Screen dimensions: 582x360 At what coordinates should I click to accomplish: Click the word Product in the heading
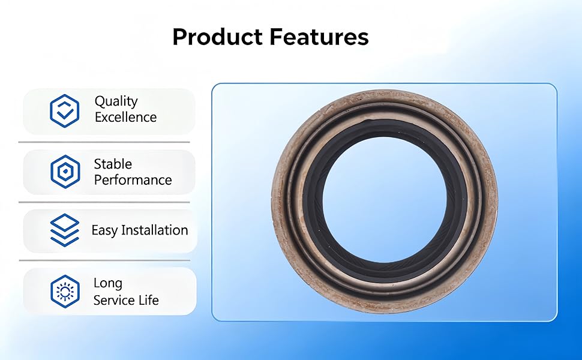218,37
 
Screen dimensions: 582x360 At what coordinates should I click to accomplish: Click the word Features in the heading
319,37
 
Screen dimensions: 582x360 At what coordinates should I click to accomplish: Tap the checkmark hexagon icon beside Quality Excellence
65,111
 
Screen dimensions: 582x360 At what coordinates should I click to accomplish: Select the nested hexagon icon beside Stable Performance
65,172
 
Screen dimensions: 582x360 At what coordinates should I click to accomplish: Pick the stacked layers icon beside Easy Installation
65,230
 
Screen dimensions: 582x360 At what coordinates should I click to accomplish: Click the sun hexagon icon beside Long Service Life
65,292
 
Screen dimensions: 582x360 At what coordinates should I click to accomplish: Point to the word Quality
116,101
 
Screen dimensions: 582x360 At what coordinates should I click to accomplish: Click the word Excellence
126,117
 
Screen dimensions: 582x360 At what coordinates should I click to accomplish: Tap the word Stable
113,164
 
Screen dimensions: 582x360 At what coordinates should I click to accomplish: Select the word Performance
133,180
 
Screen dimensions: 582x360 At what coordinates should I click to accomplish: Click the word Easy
104,230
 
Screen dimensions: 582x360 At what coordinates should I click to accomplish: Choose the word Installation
155,230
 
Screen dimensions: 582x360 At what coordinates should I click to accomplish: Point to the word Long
107,284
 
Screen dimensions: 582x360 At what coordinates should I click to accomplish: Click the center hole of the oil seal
385,200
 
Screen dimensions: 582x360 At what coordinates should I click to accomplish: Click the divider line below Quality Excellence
104,142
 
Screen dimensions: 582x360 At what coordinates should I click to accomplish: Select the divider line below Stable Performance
104,202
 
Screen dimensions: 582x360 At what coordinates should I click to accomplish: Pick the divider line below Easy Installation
104,260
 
